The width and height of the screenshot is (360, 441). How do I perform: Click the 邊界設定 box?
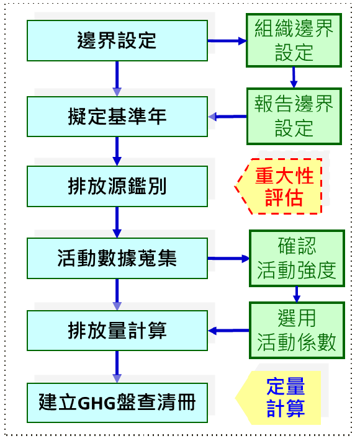(x=117, y=41)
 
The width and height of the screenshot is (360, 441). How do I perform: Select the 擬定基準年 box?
(x=117, y=117)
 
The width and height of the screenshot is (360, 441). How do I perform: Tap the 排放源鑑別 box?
(x=117, y=186)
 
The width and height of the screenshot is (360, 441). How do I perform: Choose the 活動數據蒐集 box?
(x=117, y=258)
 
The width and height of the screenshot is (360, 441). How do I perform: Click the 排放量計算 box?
(x=117, y=331)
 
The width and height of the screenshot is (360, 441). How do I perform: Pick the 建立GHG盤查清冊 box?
(x=117, y=403)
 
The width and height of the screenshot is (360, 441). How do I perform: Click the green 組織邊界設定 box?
(x=294, y=40)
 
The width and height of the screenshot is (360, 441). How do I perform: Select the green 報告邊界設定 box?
(x=294, y=115)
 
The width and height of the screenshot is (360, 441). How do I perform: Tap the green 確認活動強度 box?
(x=296, y=258)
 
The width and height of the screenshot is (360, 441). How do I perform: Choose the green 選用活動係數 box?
(x=296, y=330)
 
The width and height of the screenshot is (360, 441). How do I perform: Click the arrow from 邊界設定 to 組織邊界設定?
(x=227, y=41)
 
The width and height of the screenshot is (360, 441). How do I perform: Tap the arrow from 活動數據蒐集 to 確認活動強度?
(x=228, y=258)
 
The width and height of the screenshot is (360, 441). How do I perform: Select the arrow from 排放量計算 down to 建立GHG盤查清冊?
(x=117, y=367)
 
